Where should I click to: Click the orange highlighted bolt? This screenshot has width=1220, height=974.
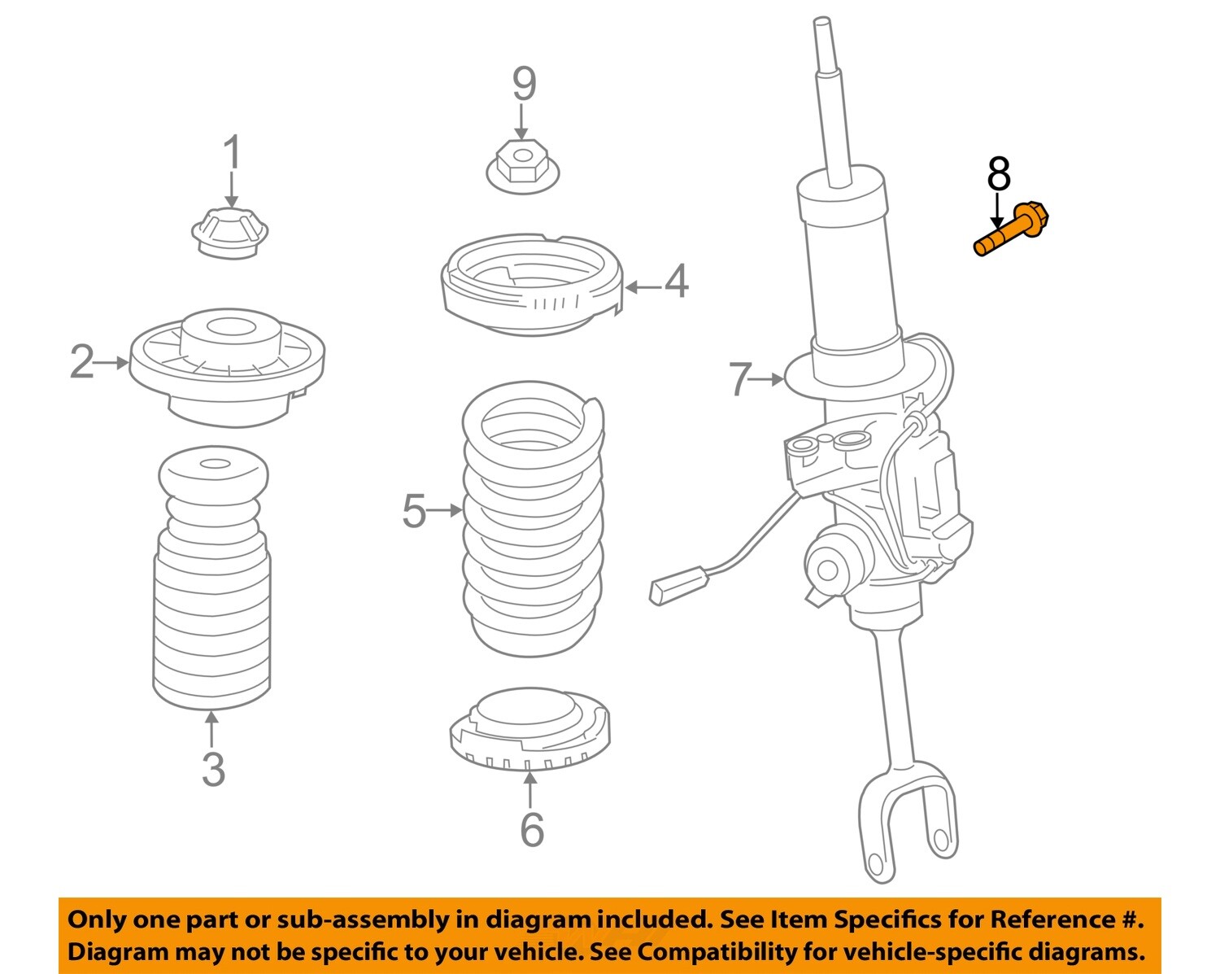pyautogui.click(x=1013, y=231)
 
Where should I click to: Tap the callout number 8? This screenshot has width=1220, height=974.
pyautogui.click(x=999, y=174)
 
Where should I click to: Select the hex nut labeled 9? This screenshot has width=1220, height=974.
pyautogui.click(x=523, y=167)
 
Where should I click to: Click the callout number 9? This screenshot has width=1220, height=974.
pyautogui.click(x=524, y=83)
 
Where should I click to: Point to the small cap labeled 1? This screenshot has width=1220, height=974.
pyautogui.click(x=231, y=234)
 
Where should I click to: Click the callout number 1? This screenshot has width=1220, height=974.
pyautogui.click(x=233, y=153)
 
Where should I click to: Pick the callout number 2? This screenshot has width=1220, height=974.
pyautogui.click(x=82, y=362)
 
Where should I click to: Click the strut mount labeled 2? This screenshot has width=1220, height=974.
pyautogui.click(x=228, y=366)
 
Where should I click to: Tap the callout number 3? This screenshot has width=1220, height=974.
pyautogui.click(x=213, y=769)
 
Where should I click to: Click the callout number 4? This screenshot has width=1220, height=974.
pyautogui.click(x=677, y=282)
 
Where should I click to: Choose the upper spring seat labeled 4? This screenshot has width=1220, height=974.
pyautogui.click(x=530, y=285)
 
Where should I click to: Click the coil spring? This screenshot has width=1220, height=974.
pyautogui.click(x=533, y=521)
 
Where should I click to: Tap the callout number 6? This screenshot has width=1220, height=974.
pyautogui.click(x=531, y=829)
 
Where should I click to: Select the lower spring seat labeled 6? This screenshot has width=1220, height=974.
pyautogui.click(x=529, y=728)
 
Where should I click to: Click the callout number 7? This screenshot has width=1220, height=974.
pyautogui.click(x=739, y=379)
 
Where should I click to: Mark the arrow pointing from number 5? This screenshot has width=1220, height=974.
pyautogui.click(x=444, y=511)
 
